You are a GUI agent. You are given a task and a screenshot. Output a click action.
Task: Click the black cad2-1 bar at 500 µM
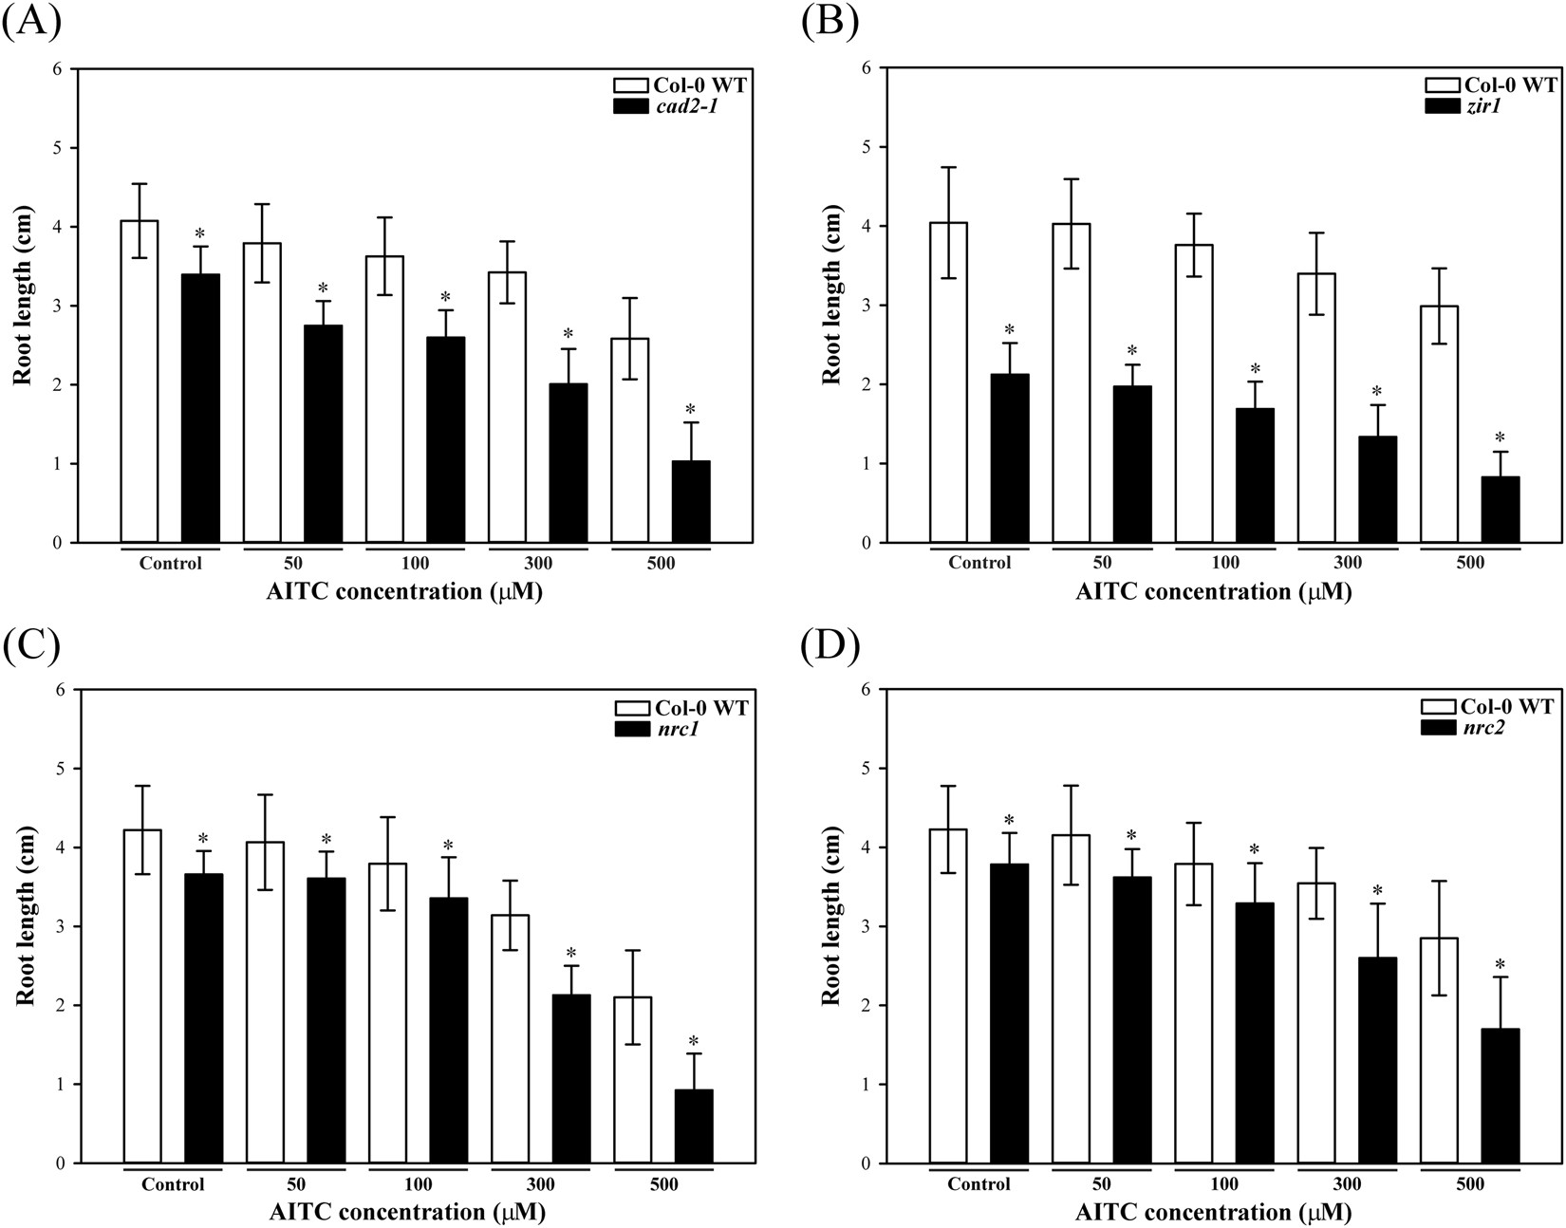(x=690, y=502)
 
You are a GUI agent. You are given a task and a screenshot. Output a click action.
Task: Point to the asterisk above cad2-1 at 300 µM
(x=569, y=334)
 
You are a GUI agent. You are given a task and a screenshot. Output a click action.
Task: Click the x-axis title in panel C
(x=407, y=1212)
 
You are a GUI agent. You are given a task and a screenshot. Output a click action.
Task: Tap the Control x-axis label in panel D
(x=979, y=1184)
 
